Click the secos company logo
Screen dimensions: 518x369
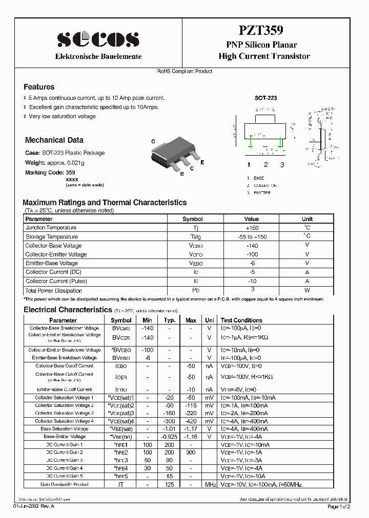pos(98,39)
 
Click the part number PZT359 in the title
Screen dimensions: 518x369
pos(263,32)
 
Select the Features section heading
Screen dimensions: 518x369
pos(39,87)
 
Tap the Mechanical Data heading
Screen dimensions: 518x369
pos(54,140)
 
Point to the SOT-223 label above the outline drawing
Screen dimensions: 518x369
pos(265,97)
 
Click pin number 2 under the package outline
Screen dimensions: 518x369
pos(265,165)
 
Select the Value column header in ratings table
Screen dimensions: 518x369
pos(252,219)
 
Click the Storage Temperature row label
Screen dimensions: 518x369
pos(52,237)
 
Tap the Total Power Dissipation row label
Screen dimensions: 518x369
pos(54,291)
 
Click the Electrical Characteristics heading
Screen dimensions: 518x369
pos(67,310)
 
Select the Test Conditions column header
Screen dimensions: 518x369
pos(241,320)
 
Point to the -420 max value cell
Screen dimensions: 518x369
pos(191,421)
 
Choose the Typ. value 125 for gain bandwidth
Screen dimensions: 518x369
pos(169,484)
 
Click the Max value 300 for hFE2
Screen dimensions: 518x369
pos(191,452)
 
